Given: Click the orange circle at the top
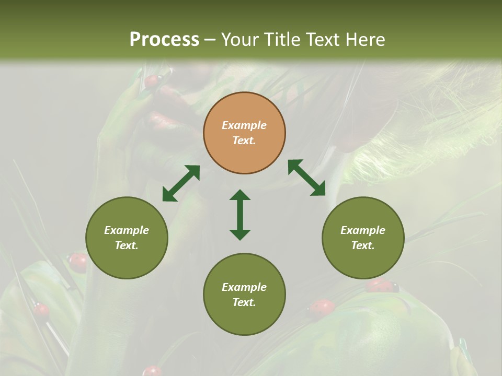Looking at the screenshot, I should [x=244, y=133].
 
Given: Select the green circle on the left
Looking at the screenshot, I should [x=127, y=238].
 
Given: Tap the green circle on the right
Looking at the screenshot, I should [x=363, y=238].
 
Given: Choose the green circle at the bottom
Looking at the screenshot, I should [x=244, y=294].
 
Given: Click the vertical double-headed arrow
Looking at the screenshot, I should [x=240, y=215].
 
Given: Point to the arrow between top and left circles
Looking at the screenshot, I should [x=181, y=183].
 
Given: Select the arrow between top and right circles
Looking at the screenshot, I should [x=306, y=178].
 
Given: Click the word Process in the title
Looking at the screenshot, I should [x=164, y=39].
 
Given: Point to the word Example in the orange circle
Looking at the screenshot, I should [x=244, y=125].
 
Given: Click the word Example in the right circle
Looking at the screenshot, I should [x=363, y=230].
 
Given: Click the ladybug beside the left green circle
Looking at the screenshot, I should [x=78, y=262].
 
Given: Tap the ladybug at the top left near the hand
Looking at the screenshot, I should [x=152, y=81].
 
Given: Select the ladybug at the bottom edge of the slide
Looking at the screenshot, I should [x=152, y=371].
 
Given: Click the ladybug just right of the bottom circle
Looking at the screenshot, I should [x=321, y=307].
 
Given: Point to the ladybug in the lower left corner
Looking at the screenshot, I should [x=41, y=310].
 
